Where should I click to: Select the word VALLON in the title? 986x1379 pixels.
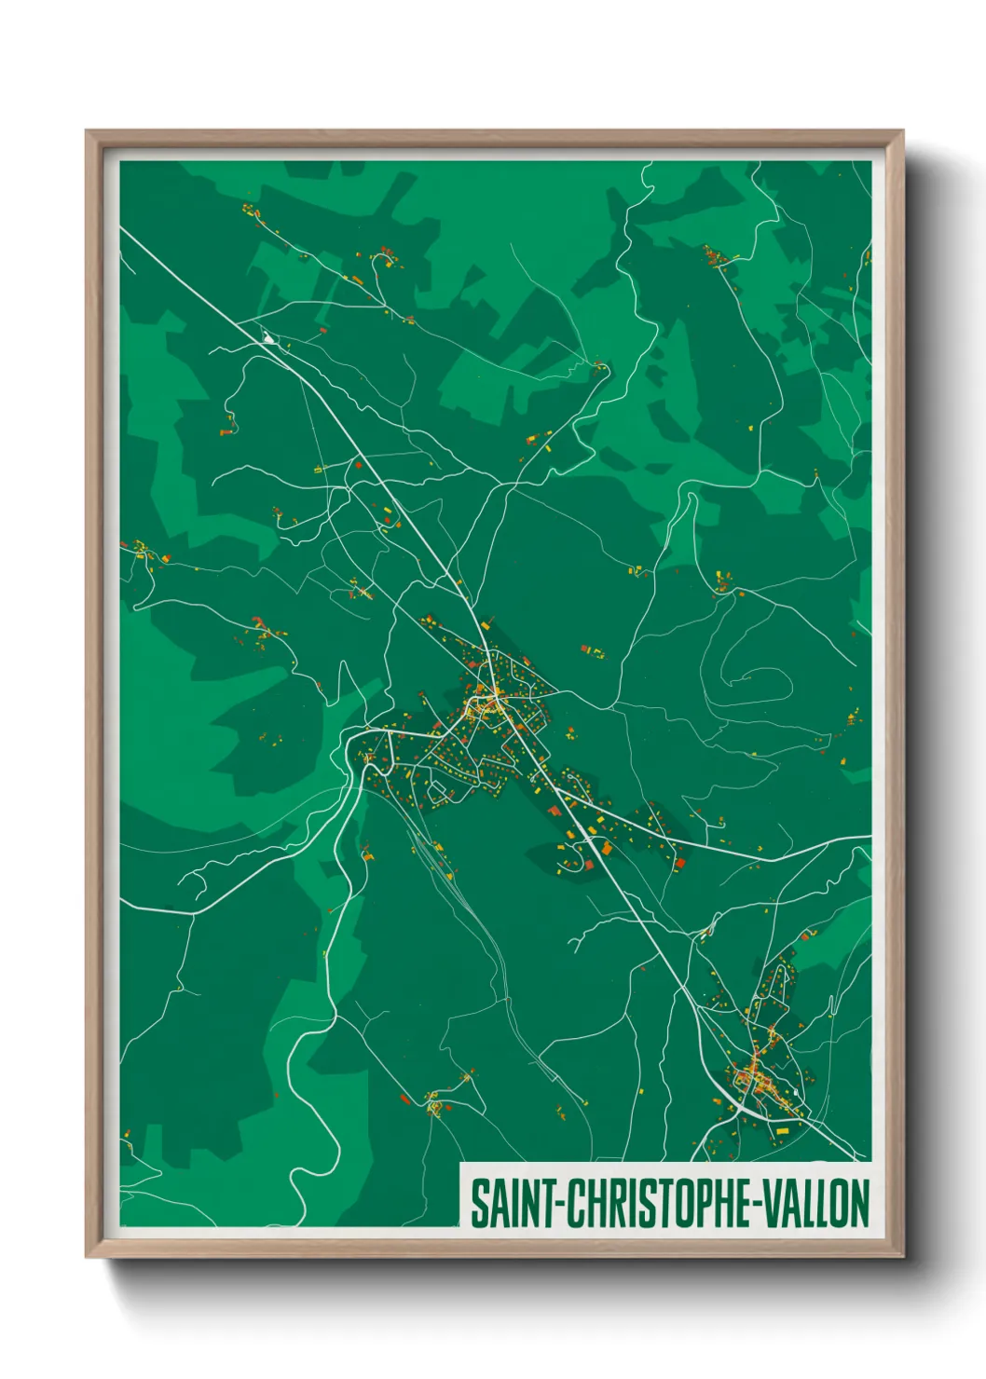pos(818,1204)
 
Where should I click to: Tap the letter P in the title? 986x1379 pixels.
pos(701,1204)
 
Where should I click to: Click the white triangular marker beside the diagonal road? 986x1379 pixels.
pos(269,338)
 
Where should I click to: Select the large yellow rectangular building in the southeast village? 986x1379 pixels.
pos(781,1131)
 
